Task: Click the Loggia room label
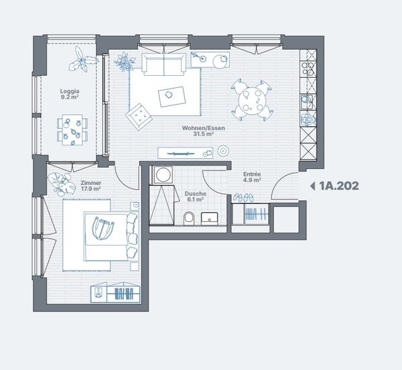coord(70,91)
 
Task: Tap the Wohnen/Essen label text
coord(203,128)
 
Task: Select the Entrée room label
coord(252,174)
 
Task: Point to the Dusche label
coord(195,194)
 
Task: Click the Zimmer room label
coord(90,183)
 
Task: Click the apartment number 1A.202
coord(339,186)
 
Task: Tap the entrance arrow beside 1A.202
coord(312,186)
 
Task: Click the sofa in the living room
coord(164,64)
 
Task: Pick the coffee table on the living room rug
coord(172,97)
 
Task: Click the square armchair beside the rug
coord(139,117)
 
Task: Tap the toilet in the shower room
coord(189,219)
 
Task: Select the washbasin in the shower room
coord(210,219)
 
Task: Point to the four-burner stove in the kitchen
coord(308,68)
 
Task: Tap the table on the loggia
coord(72,130)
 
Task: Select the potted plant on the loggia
coord(82,60)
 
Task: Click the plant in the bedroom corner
coord(61,184)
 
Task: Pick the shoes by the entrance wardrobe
coord(243,198)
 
